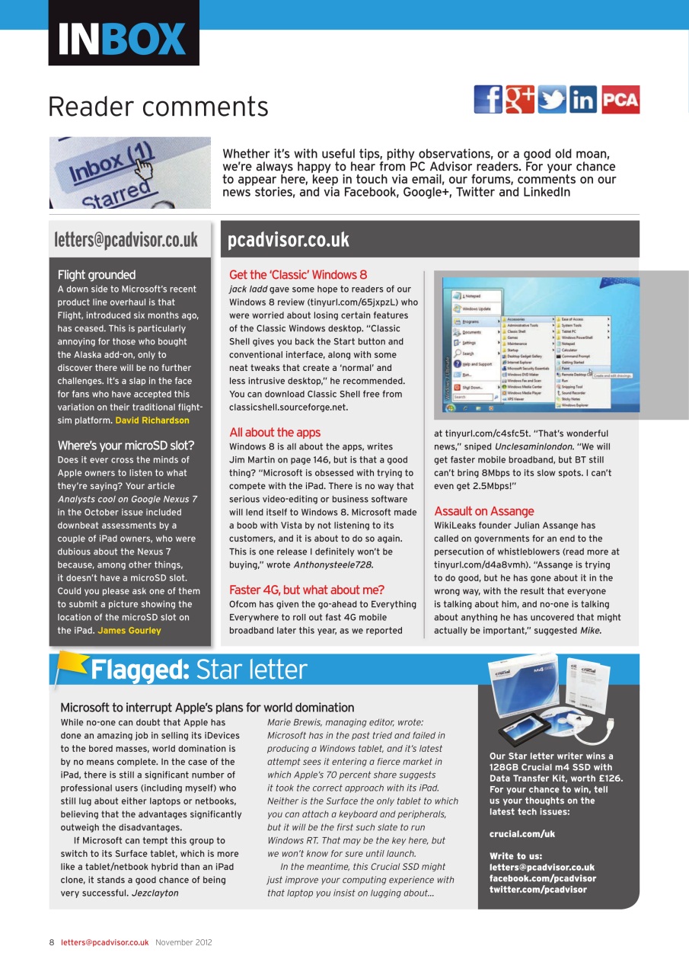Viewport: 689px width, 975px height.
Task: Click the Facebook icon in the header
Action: click(488, 100)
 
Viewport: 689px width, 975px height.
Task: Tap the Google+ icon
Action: click(520, 100)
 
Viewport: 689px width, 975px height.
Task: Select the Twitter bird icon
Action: click(552, 100)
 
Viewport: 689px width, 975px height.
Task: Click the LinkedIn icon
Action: click(583, 100)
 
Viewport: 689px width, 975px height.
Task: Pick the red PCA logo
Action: click(620, 100)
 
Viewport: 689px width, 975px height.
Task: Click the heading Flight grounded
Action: click(97, 275)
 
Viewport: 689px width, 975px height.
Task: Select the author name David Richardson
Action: click(152, 420)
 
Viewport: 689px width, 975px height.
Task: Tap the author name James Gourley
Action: click(129, 631)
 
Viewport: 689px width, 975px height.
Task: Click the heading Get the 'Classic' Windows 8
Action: click(298, 275)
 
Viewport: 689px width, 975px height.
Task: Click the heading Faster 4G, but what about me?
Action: click(306, 590)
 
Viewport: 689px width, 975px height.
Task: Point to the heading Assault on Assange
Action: click(484, 511)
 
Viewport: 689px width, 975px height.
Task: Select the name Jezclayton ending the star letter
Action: click(155, 893)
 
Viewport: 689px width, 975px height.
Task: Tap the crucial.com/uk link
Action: click(522, 834)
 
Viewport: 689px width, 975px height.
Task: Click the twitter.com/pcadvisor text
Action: click(537, 889)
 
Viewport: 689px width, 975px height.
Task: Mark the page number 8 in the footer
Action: click(52, 942)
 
